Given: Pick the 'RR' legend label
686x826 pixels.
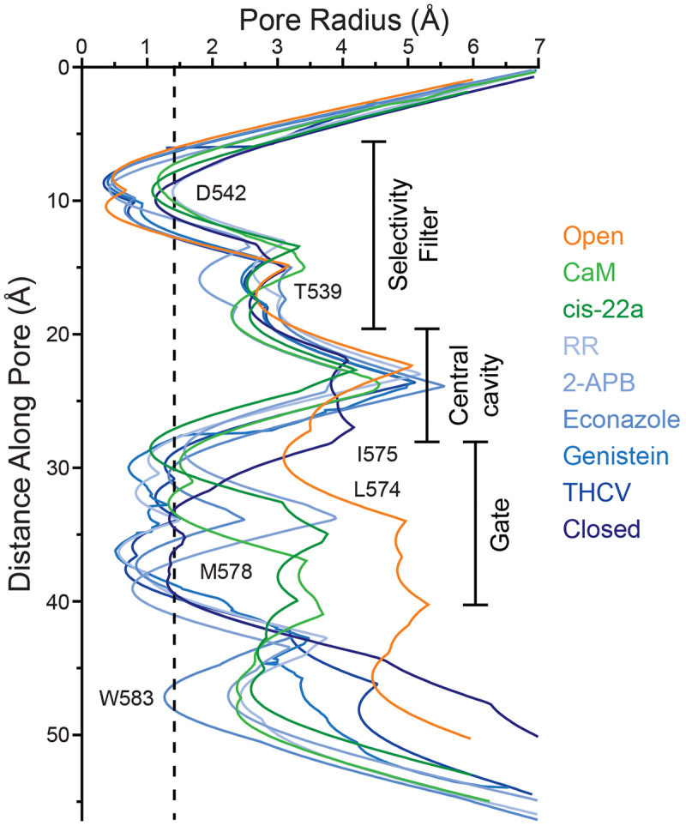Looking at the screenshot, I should pyautogui.click(x=580, y=347).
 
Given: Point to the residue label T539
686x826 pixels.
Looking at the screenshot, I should pyautogui.click(x=318, y=292).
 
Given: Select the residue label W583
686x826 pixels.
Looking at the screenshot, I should pyautogui.click(x=126, y=697).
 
